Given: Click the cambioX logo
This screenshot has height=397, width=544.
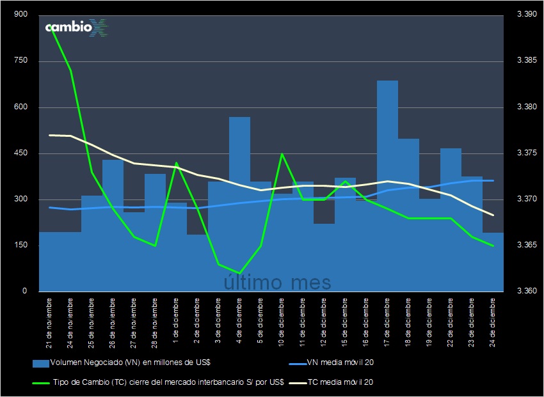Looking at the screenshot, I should (76, 28).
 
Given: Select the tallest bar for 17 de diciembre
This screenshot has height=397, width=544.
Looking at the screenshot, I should (387, 185).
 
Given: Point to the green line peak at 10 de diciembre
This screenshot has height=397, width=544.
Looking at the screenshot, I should (282, 154).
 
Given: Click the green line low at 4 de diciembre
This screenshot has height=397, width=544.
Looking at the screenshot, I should (239, 274).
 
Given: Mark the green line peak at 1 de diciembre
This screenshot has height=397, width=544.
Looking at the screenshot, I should (176, 163).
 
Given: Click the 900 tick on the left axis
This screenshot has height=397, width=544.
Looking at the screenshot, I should (20, 15).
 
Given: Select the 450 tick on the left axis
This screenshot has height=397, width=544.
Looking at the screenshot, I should (20, 153).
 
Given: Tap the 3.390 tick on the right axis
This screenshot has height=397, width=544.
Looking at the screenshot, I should (526, 15).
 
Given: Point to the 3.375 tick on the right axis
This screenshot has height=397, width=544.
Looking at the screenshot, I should (526, 153).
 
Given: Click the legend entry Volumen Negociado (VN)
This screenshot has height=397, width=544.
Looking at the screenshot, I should (122, 362).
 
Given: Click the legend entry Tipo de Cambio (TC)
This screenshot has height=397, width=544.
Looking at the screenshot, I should (157, 382).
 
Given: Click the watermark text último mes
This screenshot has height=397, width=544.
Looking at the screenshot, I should (278, 282).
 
